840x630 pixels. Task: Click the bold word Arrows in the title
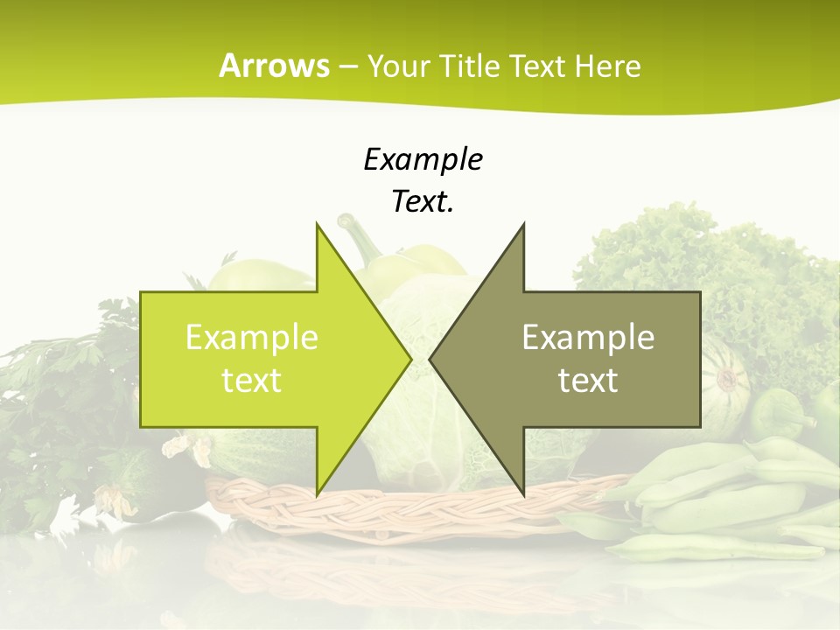[275, 66]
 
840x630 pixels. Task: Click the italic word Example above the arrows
[423, 160]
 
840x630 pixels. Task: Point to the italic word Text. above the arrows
[423, 202]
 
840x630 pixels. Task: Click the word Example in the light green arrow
[252, 338]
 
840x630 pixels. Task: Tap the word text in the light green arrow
[252, 381]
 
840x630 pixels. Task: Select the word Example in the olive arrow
[588, 338]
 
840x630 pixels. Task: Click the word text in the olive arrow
[588, 381]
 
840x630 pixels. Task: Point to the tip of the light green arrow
[409, 359]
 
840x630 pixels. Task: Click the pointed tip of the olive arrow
[431, 359]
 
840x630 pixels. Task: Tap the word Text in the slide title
[536, 66]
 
